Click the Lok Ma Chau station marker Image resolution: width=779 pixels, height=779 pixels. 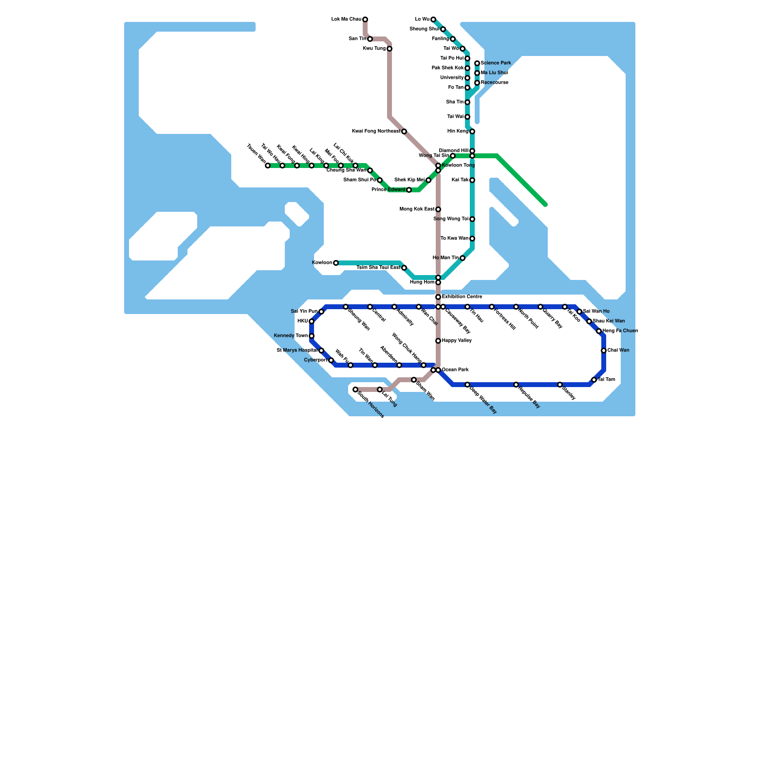tap(365, 19)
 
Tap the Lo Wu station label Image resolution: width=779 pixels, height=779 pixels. tap(422, 19)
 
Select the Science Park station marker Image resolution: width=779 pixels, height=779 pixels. tap(477, 63)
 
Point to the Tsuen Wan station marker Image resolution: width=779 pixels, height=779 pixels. tap(268, 166)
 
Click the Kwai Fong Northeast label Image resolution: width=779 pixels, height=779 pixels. tap(376, 131)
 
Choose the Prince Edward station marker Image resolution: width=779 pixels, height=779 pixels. tap(409, 190)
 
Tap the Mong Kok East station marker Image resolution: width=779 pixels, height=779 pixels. tap(438, 209)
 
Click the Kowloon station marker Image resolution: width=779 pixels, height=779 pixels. tap(336, 263)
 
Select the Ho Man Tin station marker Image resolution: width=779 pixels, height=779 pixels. tap(463, 258)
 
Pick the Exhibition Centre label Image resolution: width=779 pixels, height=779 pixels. tap(462, 297)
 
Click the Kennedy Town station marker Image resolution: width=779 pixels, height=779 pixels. tap(312, 336)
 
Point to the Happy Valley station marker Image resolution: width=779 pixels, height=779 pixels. tap(438, 341)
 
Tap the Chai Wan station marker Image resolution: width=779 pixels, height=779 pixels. tap(604, 351)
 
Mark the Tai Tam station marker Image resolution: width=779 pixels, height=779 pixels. tap(594, 380)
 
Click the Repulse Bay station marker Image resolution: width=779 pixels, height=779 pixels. tap(516, 385)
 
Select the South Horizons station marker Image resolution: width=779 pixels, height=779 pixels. tap(355, 389)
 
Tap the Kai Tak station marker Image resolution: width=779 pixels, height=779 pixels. tap(472, 180)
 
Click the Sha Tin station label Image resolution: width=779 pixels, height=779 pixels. tap(455, 102)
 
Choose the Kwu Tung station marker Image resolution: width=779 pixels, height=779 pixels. tap(389, 49)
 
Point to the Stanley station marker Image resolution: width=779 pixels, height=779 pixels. tap(560, 385)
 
